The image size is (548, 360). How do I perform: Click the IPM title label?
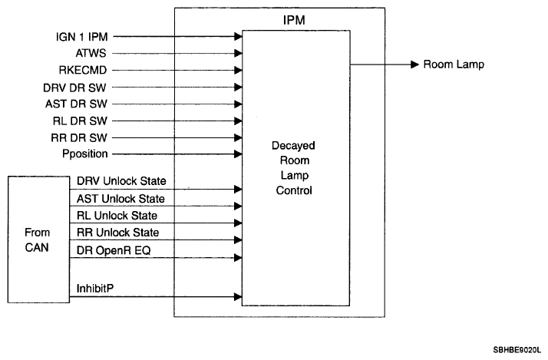click(294, 20)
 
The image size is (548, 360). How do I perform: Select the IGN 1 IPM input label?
click(82, 37)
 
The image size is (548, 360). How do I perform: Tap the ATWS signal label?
click(91, 53)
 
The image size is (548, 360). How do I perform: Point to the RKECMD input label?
click(83, 71)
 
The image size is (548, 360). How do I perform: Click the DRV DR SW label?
click(74, 88)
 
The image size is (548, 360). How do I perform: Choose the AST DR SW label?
click(76, 104)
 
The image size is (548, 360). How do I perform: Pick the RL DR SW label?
click(80, 121)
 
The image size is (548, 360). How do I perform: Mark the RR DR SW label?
click(79, 137)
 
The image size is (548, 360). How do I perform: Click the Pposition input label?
click(85, 154)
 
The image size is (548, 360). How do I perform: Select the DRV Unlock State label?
click(121, 181)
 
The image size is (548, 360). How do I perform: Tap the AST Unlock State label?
click(120, 199)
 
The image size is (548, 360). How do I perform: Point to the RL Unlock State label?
click(117, 216)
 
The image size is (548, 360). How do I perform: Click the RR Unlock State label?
click(117, 233)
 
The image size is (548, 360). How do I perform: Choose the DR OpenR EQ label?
click(114, 250)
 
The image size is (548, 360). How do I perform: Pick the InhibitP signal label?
click(95, 289)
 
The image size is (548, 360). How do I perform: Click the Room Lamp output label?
click(454, 64)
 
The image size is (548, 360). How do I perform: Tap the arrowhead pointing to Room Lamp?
click(415, 64)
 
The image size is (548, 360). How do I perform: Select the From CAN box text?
click(37, 239)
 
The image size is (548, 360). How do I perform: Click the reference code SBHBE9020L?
click(517, 350)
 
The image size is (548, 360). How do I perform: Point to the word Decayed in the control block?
click(293, 146)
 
